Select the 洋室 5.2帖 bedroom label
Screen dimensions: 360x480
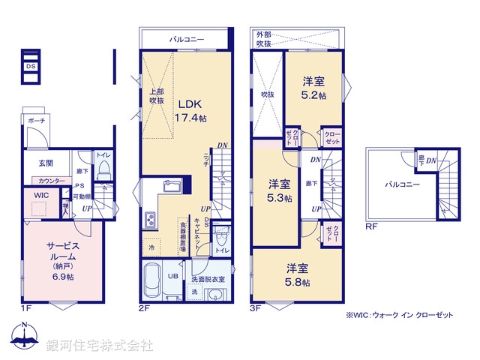[x=313, y=89]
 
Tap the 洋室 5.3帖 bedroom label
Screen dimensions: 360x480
[x=280, y=190]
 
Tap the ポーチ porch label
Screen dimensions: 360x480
[x=35, y=120]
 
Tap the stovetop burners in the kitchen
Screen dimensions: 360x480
[x=149, y=220]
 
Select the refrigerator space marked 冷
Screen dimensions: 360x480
[x=151, y=246]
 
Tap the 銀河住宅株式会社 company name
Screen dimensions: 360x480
[x=99, y=346]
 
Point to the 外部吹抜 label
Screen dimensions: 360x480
[x=264, y=39]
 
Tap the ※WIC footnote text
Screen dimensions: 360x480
[x=399, y=316]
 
